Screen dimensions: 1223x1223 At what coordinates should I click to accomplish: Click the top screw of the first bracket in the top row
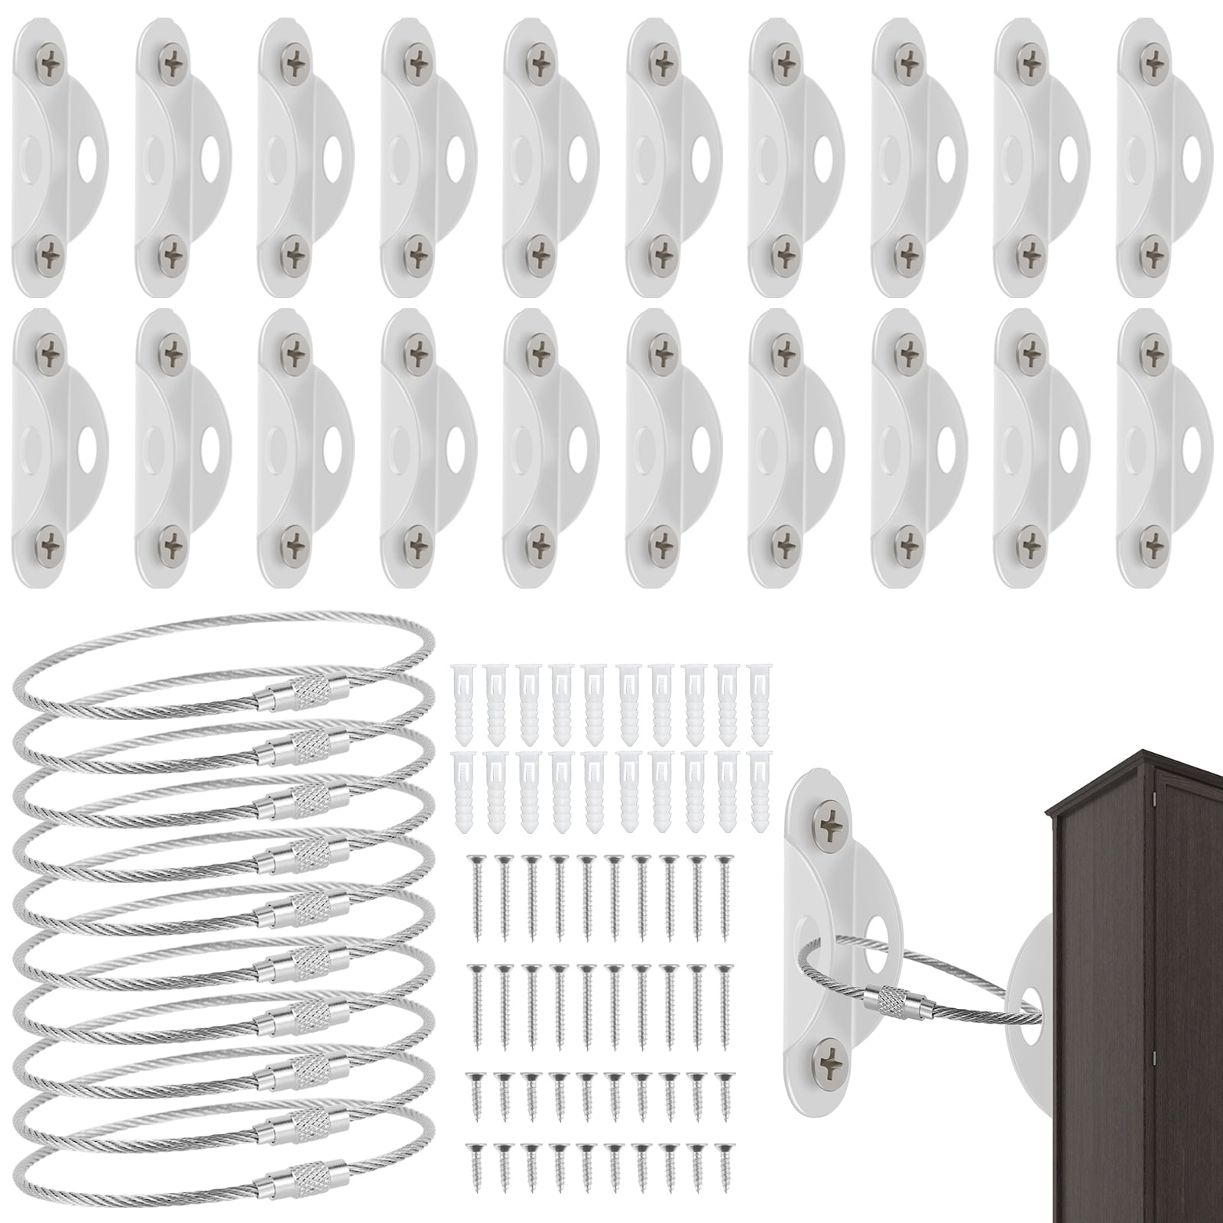[x=50, y=59]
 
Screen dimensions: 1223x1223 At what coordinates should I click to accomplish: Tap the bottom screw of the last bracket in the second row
[x=1151, y=543]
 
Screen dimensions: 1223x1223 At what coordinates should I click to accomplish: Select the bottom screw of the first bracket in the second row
[x=50, y=543]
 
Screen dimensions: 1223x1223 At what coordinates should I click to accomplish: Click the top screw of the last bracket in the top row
[x=1151, y=59]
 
